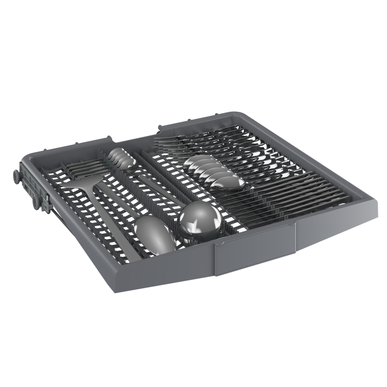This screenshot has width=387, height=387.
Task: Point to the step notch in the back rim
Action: coord(160,127)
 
